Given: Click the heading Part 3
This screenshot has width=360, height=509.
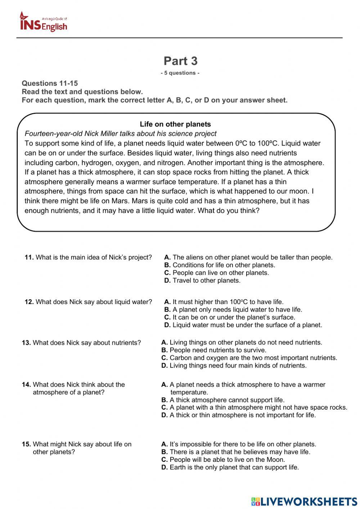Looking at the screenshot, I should click(180, 61).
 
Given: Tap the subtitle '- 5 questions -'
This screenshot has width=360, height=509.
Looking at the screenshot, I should click(180, 73).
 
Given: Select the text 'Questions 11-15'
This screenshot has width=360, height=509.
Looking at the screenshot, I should click(50, 83).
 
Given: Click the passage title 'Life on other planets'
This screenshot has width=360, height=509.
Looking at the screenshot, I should click(175, 124).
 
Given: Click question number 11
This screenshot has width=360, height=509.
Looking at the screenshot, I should click(29, 257).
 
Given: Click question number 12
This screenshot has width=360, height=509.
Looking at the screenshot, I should click(29, 302).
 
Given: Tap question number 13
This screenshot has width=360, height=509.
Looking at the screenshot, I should click(26, 343).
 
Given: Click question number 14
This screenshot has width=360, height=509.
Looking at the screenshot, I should click(26, 384).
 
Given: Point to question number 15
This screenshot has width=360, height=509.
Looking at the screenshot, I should click(26, 444).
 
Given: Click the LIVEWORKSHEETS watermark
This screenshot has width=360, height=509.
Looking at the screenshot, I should click(304, 501).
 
